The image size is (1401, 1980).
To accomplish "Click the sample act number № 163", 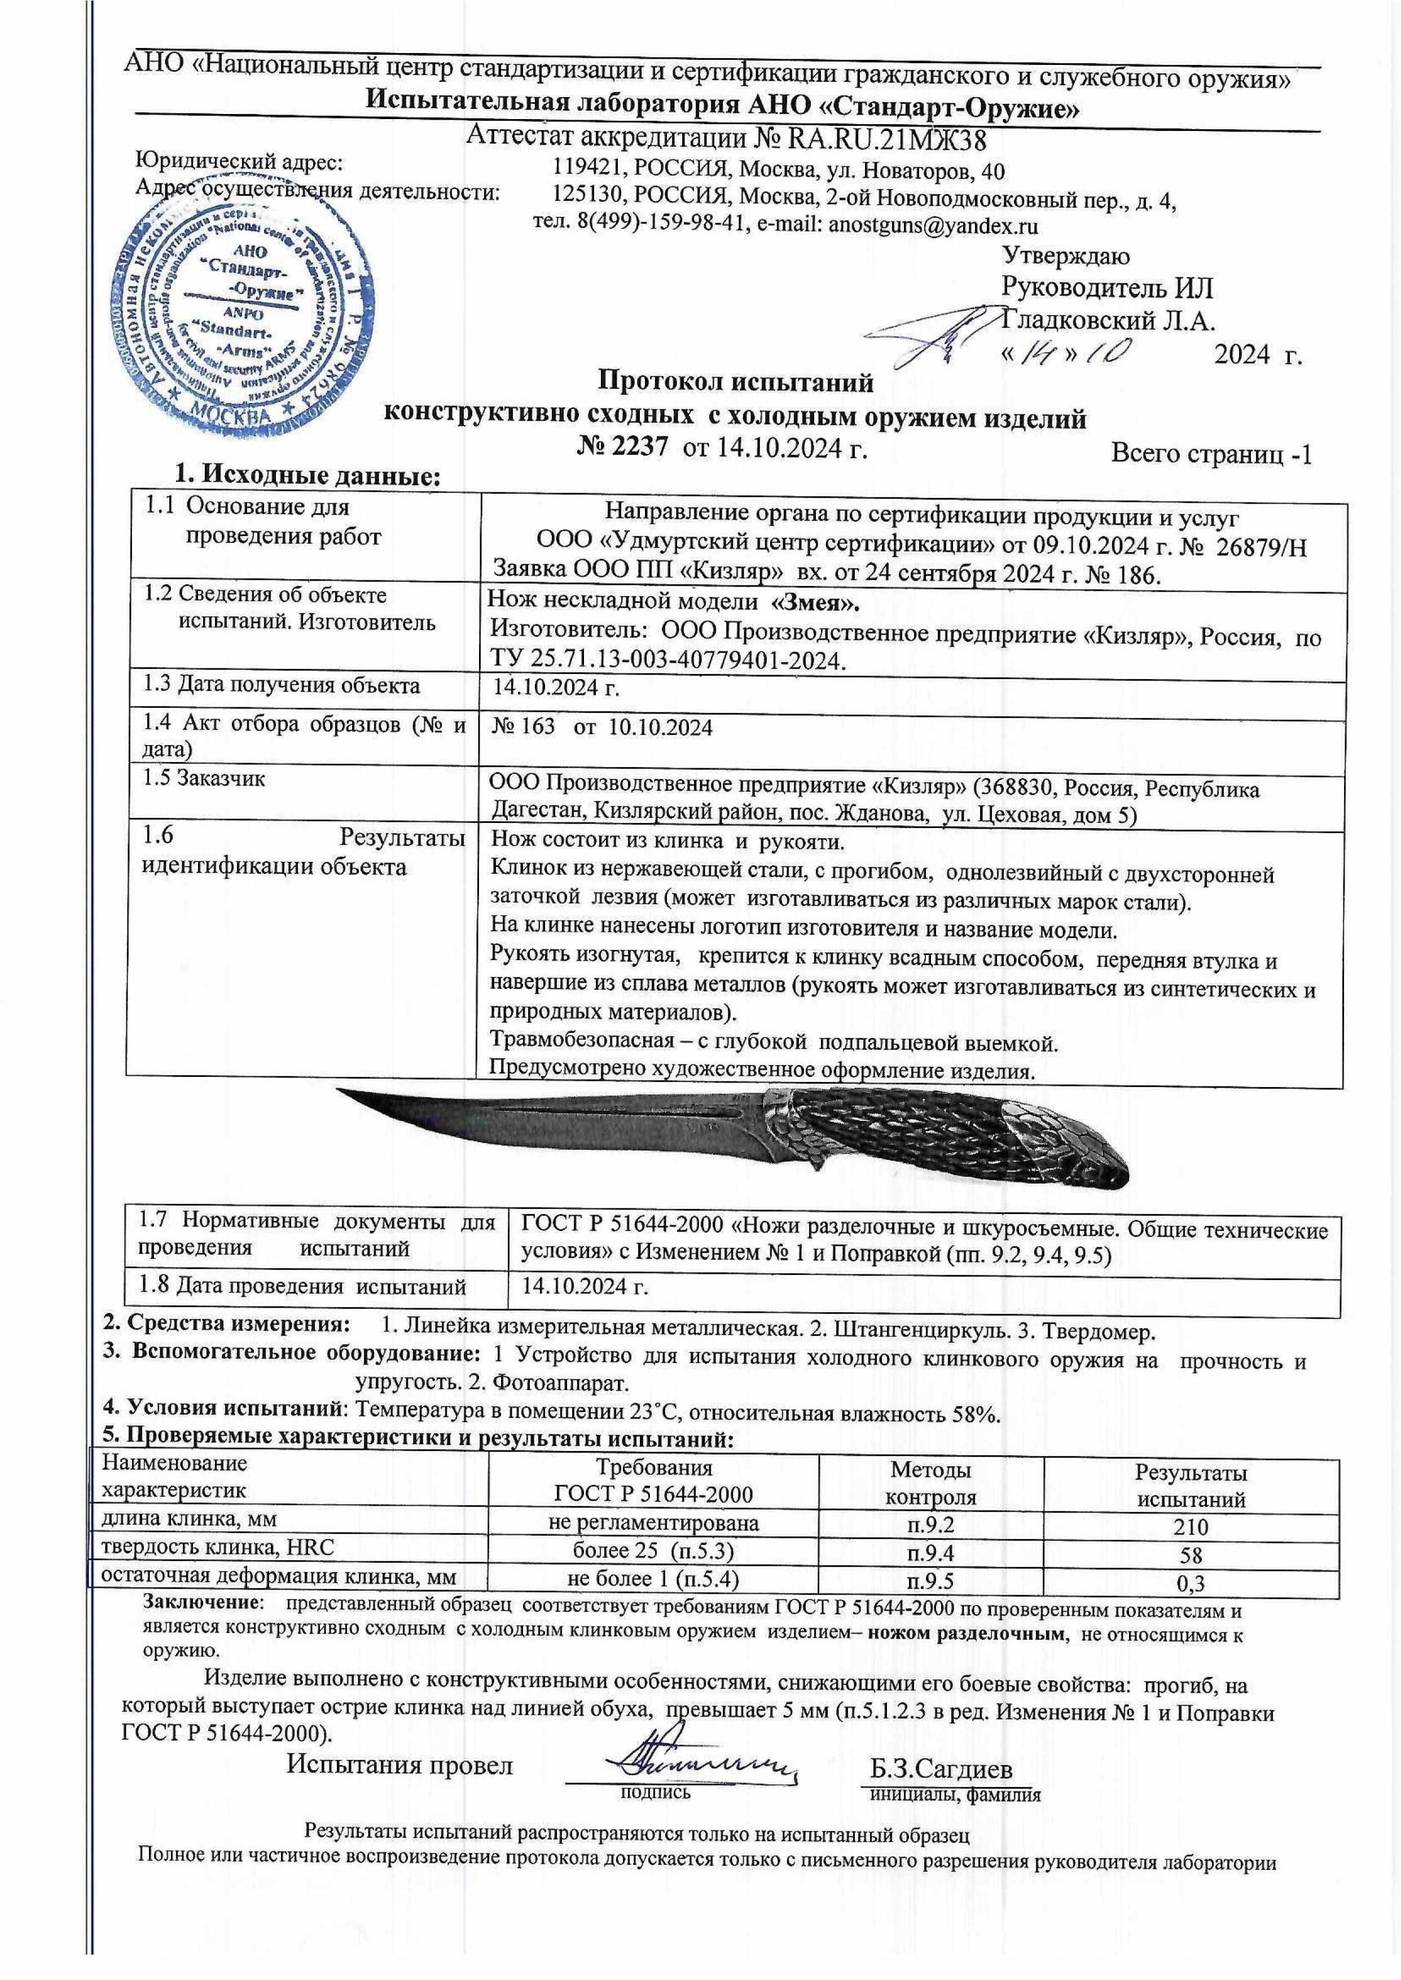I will [x=523, y=728].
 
